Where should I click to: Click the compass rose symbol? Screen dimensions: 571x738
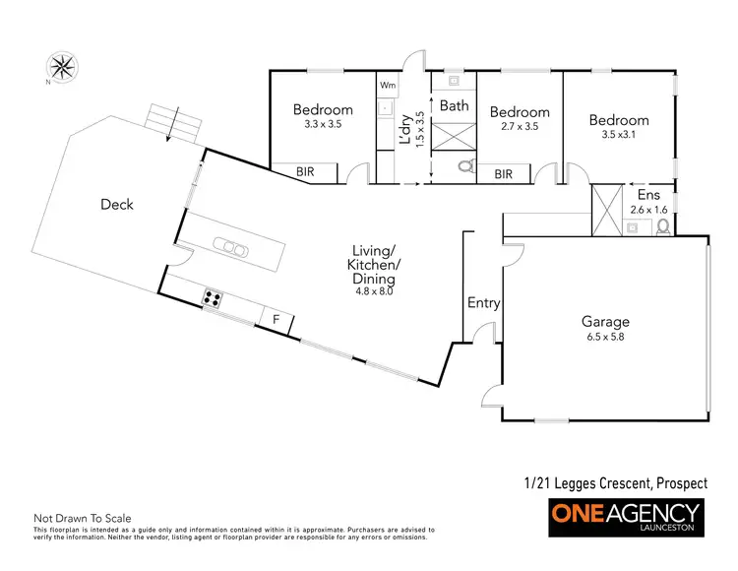63,67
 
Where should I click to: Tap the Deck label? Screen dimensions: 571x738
117,205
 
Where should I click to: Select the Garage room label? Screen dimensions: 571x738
604,321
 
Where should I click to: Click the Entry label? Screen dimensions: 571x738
483,303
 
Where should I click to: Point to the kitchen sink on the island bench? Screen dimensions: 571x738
229,247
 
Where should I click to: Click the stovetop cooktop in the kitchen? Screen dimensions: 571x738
212,297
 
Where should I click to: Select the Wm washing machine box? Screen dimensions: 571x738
387,86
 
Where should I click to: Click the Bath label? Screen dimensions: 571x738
454,105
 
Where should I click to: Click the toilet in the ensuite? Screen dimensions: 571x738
662,226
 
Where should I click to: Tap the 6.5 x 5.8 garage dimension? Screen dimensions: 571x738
604,337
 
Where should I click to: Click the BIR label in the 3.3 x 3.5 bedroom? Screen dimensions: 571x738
306,171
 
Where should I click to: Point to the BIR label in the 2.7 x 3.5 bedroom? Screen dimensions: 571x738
504,174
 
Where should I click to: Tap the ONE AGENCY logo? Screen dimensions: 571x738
625,515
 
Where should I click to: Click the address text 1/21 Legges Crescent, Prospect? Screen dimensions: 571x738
615,483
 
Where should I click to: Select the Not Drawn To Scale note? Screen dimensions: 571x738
82,518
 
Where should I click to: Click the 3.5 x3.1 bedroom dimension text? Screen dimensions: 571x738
619,136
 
